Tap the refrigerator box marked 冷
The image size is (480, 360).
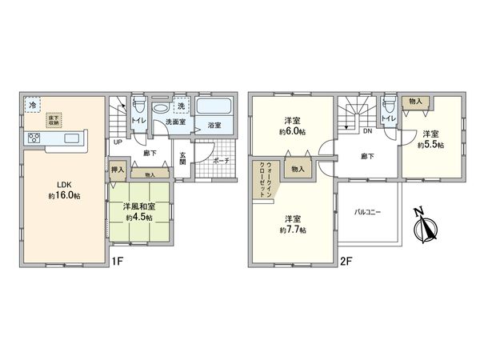(33, 106)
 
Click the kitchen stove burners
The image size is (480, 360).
(36, 139)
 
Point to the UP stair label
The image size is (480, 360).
(118, 142)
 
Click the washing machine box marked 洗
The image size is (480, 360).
(182, 106)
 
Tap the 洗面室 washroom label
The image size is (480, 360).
(175, 122)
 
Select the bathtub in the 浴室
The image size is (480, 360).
(214, 107)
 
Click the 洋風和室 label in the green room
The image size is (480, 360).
(139, 206)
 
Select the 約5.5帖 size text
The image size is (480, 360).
(431, 146)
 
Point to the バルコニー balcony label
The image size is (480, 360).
(368, 212)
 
